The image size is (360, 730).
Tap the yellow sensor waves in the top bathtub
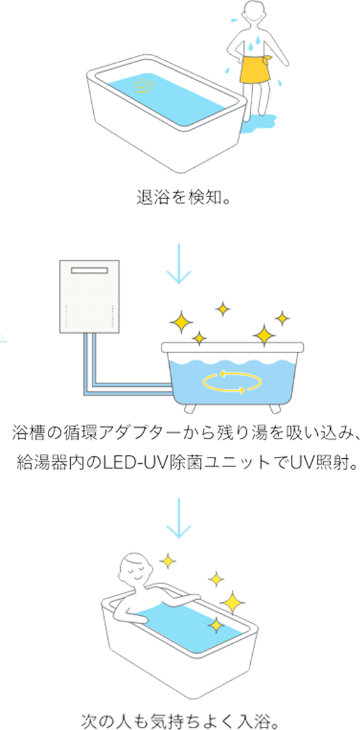point(145,85)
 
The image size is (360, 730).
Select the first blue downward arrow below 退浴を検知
point(179,264)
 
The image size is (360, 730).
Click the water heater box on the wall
point(91,297)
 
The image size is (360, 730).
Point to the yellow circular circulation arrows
point(232,382)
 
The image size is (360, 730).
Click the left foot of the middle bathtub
point(190,408)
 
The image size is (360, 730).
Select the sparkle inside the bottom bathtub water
point(216,625)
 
